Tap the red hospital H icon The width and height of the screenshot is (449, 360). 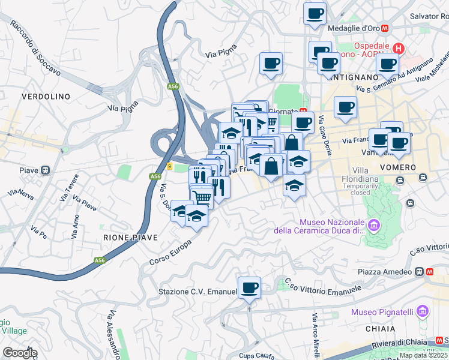(x=398, y=47)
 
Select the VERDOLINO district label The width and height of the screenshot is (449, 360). (x=46, y=96)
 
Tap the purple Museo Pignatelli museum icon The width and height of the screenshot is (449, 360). (x=423, y=311)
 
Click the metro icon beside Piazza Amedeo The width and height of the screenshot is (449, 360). (x=430, y=271)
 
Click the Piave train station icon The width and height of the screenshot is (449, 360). (x=44, y=170)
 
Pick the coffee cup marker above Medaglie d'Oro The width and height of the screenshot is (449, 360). (x=314, y=14)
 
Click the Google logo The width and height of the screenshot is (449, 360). (x=19, y=353)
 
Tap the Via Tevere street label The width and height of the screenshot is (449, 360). (x=71, y=191)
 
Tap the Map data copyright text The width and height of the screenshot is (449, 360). (x=423, y=355)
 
